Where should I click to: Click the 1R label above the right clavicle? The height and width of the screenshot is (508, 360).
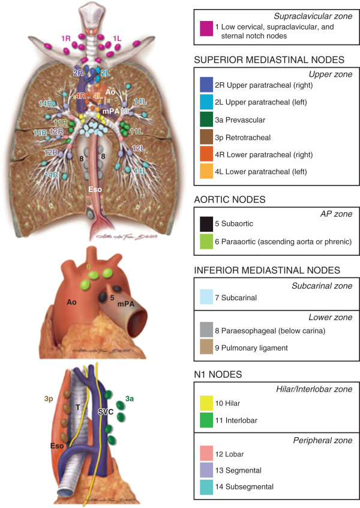[66, 38]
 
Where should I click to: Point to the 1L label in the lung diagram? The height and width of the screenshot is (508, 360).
[120, 38]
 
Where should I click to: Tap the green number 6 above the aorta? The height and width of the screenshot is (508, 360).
[88, 264]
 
